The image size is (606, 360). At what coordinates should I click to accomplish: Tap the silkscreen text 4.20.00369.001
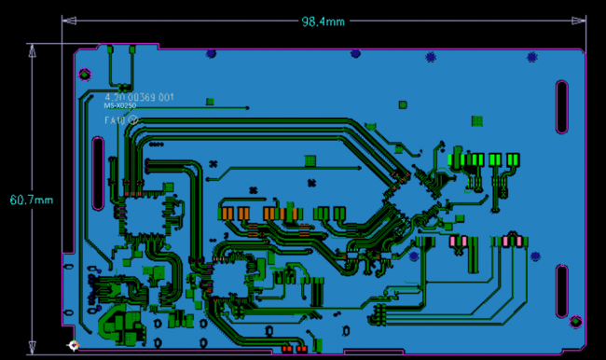click(x=139, y=97)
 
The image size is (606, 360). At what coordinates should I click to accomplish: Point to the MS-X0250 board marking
click(x=126, y=106)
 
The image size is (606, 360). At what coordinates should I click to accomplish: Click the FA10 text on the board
click(x=115, y=119)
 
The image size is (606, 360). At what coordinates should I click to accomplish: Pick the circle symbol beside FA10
click(x=133, y=119)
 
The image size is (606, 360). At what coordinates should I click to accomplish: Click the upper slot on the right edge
click(x=562, y=107)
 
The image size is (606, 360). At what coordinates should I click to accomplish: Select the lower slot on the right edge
click(x=562, y=292)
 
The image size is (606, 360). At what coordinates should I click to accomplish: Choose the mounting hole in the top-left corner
click(x=85, y=73)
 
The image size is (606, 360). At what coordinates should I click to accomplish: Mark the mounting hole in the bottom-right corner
click(x=575, y=322)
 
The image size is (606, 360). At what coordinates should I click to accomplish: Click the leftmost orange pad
click(x=227, y=214)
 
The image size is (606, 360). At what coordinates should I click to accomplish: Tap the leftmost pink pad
click(x=455, y=242)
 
